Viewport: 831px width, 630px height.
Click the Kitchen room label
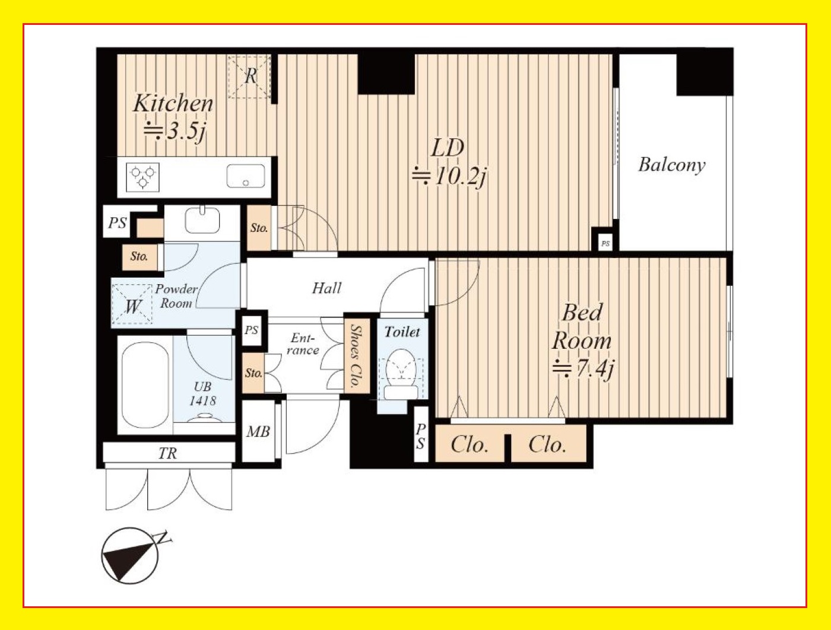173,103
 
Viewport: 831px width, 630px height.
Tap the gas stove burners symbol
142,177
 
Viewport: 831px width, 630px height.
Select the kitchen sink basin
246,176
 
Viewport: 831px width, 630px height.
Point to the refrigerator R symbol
250,77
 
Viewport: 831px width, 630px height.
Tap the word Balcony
672,165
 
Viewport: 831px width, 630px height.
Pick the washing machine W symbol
132,305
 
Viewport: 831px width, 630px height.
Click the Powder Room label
176,296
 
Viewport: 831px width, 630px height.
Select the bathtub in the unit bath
145,384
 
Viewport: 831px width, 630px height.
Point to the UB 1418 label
202,394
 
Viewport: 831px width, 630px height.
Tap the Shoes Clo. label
357,356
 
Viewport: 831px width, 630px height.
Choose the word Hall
326,288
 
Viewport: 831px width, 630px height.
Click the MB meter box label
258,432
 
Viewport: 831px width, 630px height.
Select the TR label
168,453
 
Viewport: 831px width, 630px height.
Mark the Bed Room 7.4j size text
583,368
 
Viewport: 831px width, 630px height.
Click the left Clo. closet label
470,444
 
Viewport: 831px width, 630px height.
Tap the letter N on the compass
163,538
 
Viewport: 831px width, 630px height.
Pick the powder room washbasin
202,220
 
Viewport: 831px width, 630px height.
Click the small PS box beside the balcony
605,243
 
